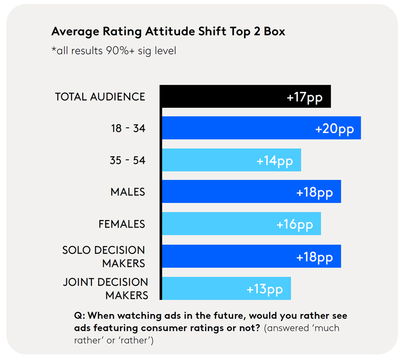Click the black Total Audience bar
click(x=224, y=97)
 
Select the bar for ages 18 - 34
click(x=235, y=129)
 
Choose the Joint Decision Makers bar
click(x=203, y=288)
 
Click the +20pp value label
click(x=334, y=129)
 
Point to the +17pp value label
click(x=305, y=98)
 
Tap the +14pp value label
click(x=275, y=161)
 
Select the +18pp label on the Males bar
click(x=314, y=192)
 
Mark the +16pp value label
click(x=294, y=224)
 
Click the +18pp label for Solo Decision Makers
click(x=314, y=257)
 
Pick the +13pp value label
click(x=265, y=289)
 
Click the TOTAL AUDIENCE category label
click(x=100, y=97)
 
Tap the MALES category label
click(x=128, y=192)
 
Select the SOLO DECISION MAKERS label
click(x=104, y=256)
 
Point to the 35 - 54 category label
click(x=127, y=160)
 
